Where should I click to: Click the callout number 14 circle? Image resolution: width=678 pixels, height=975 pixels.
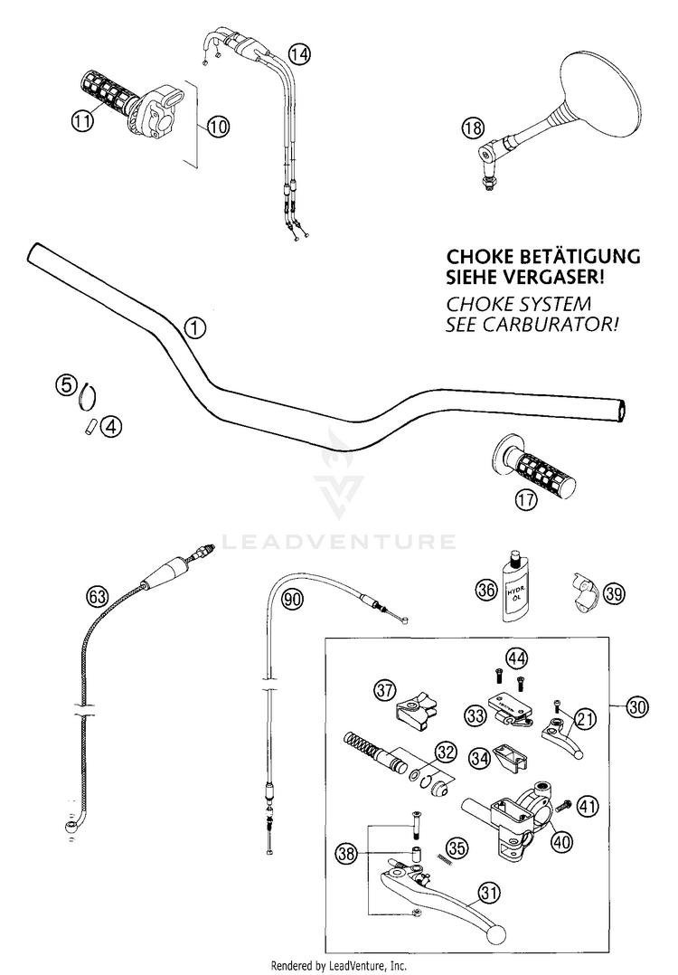[x=299, y=54]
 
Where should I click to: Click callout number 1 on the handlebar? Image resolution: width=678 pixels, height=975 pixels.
[x=194, y=327]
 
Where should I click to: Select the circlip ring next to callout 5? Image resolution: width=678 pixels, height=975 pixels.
[x=89, y=396]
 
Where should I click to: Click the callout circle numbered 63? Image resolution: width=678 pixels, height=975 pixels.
[x=97, y=597]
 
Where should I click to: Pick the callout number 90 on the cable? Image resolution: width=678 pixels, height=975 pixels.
[x=293, y=599]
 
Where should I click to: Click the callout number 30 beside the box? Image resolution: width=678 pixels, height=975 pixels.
[x=637, y=707]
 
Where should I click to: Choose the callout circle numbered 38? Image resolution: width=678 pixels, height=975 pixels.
[x=346, y=853]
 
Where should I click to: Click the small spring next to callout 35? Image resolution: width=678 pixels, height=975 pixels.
[x=445, y=858]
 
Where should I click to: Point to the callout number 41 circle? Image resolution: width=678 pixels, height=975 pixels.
[x=588, y=807]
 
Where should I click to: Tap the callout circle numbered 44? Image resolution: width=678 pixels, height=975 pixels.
[x=516, y=658]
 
